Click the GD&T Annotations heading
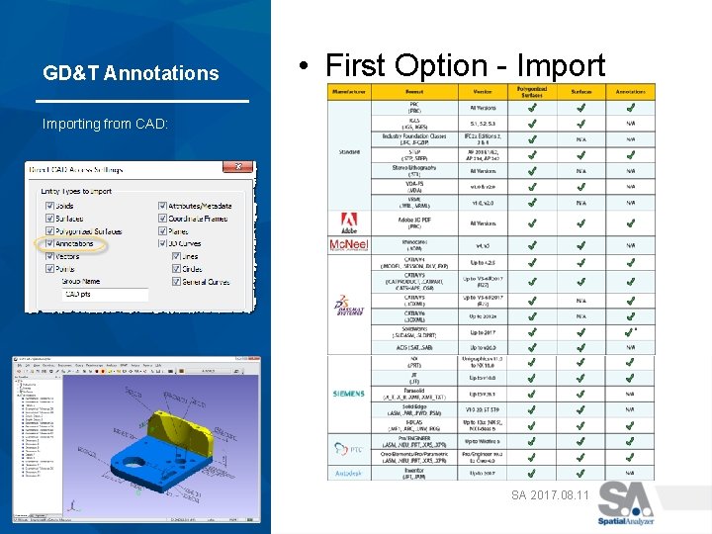pos(131,73)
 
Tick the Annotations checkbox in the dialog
pos(50,243)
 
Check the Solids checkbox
pos(50,206)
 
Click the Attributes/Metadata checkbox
pos(162,206)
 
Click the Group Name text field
pos(104,295)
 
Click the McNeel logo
pos(348,244)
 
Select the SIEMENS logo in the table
pos(348,394)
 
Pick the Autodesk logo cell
pos(348,473)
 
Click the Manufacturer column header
pos(348,91)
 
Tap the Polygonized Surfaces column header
pos(532,91)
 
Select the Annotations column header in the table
pos(631,91)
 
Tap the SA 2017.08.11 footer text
pos(549,493)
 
